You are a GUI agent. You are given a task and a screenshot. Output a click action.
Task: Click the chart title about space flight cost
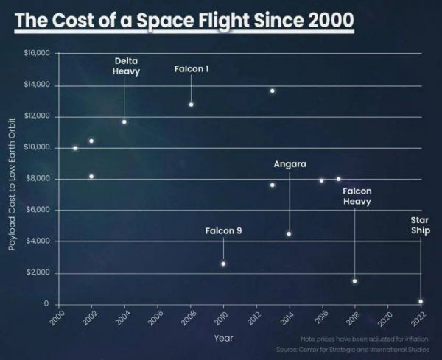tap(185, 19)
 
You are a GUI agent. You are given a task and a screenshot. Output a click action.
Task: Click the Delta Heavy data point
tap(124, 121)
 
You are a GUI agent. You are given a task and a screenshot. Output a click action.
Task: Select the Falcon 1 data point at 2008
tap(191, 105)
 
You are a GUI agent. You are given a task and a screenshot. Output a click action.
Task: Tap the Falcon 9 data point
tap(223, 264)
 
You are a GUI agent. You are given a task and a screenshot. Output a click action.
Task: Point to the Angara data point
tap(289, 233)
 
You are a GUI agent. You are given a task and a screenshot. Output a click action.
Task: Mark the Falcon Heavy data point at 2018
tap(354, 281)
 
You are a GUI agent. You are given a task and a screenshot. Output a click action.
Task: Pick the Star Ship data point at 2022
tap(421, 301)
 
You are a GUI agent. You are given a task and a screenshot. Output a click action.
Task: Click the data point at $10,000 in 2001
tap(75, 148)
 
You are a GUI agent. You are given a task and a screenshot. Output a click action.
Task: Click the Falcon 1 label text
tap(192, 69)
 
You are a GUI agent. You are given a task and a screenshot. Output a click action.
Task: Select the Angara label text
tap(290, 163)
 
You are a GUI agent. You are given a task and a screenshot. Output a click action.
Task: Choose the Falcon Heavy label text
tap(357, 196)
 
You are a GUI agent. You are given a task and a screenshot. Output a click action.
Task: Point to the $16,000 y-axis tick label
tap(35, 54)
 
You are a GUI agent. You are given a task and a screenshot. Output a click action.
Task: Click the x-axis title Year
tap(224, 338)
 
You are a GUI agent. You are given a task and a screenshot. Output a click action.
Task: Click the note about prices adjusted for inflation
tap(364, 339)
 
